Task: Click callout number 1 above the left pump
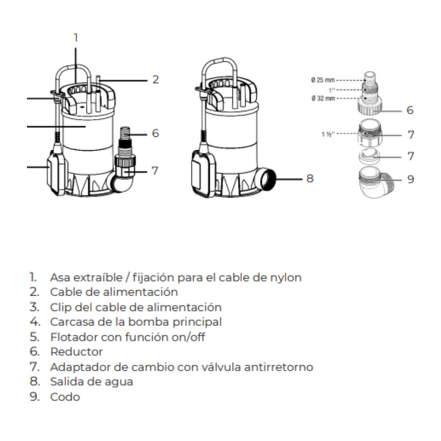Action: pyautogui.click(x=76, y=37)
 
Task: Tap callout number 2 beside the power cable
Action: pyautogui.click(x=155, y=80)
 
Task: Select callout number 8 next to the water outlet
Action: pyautogui.click(x=310, y=178)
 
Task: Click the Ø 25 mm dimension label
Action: pyautogui.click(x=323, y=80)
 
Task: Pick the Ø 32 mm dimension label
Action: pyautogui.click(x=323, y=98)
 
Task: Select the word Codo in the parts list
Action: pyautogui.click(x=64, y=397)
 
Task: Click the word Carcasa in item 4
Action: pyautogui.click(x=70, y=322)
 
